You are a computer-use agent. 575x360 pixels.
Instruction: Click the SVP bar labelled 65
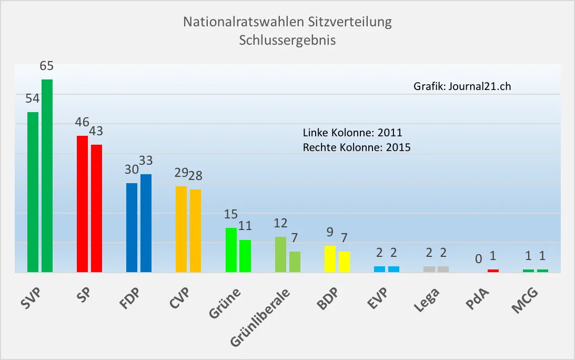(x=47, y=176)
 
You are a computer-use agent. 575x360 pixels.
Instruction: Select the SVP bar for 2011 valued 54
(x=33, y=192)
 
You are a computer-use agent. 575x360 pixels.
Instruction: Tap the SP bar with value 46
(x=83, y=204)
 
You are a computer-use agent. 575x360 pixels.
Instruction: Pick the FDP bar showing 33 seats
(x=146, y=223)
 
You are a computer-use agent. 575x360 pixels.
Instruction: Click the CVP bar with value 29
(x=181, y=229)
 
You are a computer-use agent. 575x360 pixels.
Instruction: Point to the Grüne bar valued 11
(x=245, y=256)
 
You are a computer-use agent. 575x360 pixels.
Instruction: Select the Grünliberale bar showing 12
(x=281, y=255)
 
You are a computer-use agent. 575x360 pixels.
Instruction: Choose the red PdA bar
(x=493, y=271)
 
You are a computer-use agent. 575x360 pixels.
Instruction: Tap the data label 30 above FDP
(x=131, y=169)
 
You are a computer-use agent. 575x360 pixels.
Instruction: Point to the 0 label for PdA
(x=478, y=259)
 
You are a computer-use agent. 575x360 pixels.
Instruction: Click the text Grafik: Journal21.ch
(x=462, y=87)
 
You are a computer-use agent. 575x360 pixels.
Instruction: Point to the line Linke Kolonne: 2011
(x=352, y=132)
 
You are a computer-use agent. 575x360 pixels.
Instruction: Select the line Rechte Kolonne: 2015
(x=357, y=148)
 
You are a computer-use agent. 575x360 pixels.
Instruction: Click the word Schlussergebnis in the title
(x=287, y=40)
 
